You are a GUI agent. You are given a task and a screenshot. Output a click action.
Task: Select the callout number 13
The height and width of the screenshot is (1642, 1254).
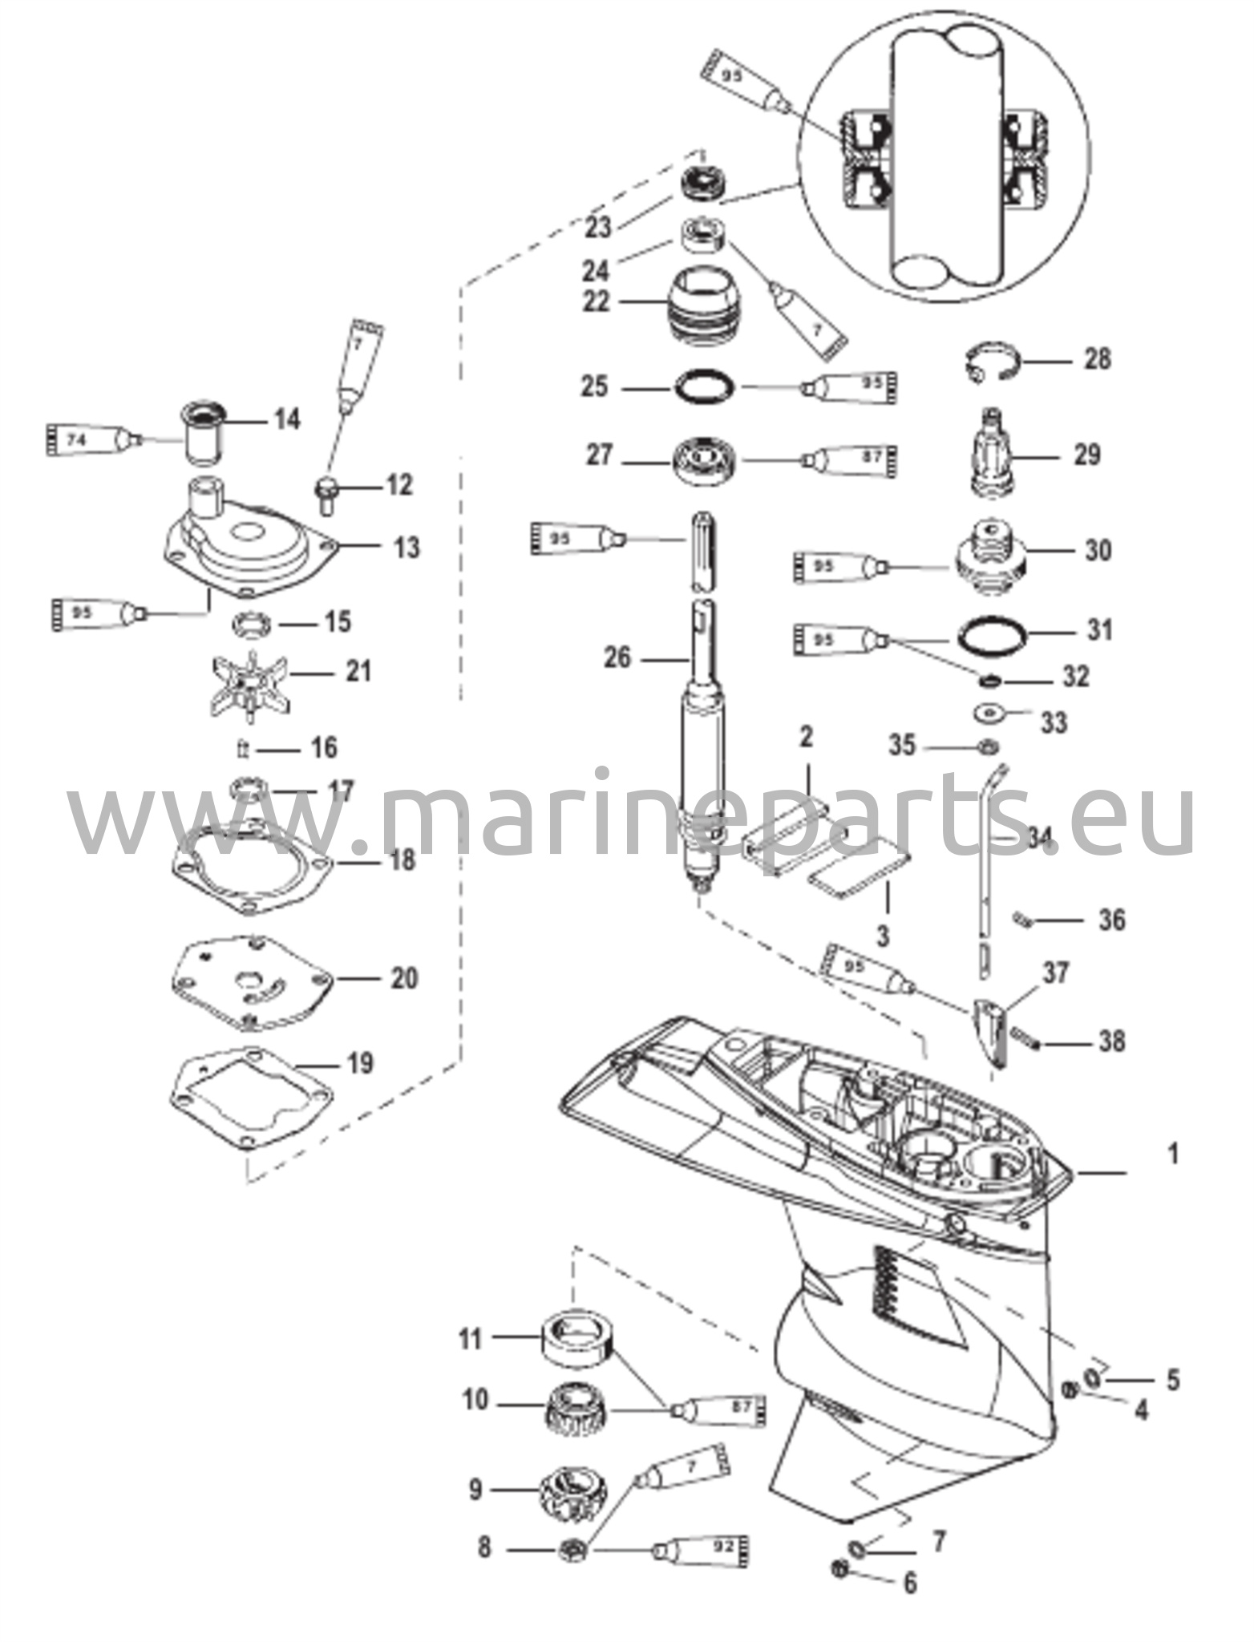(407, 548)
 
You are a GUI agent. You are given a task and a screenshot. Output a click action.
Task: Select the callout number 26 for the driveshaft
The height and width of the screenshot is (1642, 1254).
(617, 658)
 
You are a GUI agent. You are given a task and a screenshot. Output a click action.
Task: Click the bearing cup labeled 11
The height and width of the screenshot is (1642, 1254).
(576, 1341)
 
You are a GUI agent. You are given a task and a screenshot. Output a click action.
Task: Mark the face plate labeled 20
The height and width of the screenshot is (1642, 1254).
(251, 981)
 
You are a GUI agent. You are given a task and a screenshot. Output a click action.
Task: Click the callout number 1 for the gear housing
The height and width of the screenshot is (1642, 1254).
(1173, 1155)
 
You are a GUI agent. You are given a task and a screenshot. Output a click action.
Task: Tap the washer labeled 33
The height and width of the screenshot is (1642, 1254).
(990, 712)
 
